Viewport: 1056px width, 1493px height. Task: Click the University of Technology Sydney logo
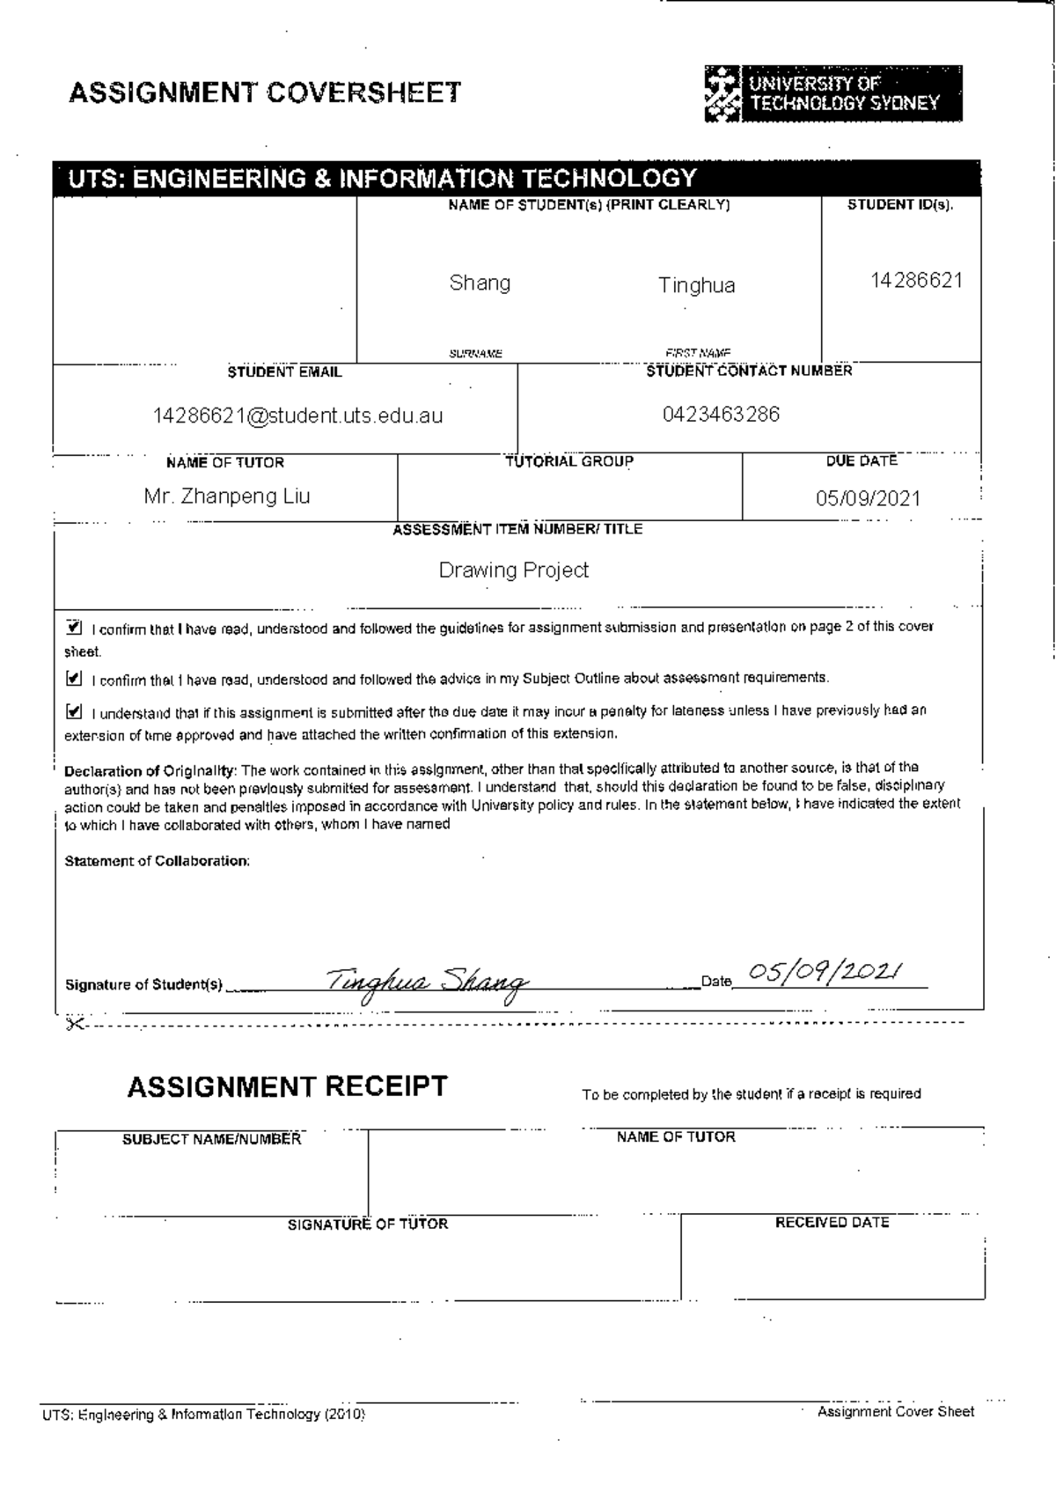tap(832, 93)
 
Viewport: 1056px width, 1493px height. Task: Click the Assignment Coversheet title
tap(265, 92)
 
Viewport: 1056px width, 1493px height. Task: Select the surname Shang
tap(480, 283)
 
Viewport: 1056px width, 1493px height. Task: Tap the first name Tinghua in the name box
tap(696, 285)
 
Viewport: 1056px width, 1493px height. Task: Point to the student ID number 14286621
tap(916, 281)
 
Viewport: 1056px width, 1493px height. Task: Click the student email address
tap(297, 416)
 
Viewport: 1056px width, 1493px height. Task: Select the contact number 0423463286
tap(721, 414)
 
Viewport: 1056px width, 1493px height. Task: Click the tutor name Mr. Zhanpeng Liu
tap(227, 496)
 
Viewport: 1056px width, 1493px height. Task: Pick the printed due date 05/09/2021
tap(868, 498)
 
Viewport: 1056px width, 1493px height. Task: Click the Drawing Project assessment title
tap(513, 570)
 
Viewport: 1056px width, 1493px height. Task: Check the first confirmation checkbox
tap(74, 629)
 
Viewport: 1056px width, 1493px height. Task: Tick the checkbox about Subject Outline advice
tap(74, 679)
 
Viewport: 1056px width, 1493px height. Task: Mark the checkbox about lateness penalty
tap(74, 711)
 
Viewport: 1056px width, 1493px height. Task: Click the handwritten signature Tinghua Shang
tap(427, 981)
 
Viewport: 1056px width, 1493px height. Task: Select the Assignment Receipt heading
tap(287, 1087)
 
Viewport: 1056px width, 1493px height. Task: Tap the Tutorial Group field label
tap(569, 461)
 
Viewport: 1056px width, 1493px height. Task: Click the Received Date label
tap(832, 1223)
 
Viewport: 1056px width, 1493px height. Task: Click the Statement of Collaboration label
tap(157, 861)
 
